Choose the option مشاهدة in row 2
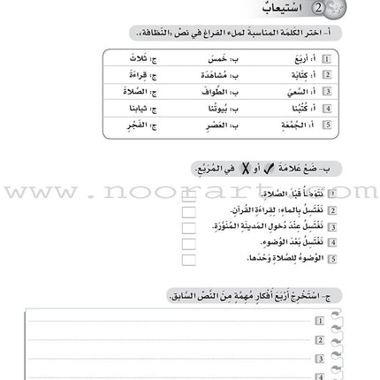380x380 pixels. coord(210,75)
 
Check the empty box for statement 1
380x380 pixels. coord(188,192)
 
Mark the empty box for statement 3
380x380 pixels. coord(188,226)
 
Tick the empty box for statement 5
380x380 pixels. coord(188,259)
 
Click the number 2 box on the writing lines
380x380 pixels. coord(319,333)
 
